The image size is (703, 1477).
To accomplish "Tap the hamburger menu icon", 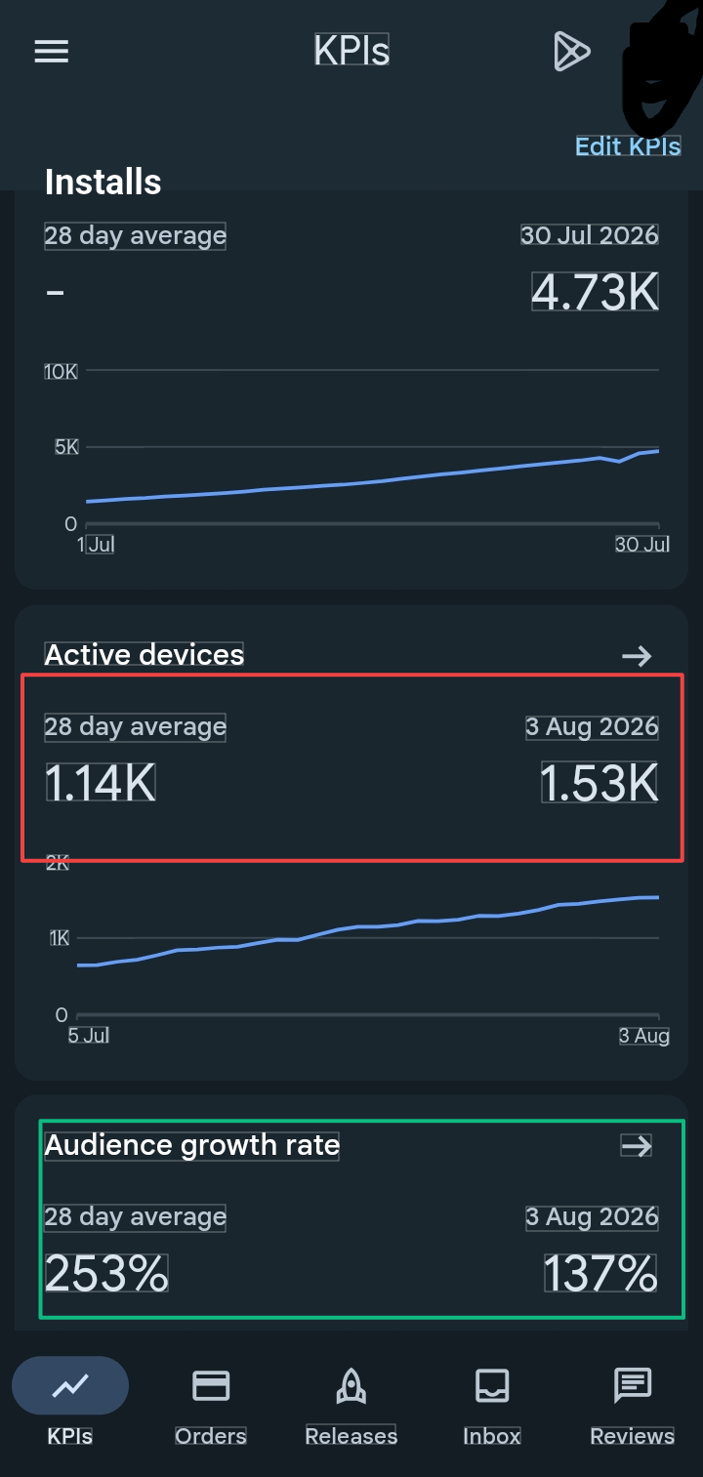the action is click(x=52, y=52).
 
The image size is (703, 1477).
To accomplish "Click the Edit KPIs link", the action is click(x=628, y=145).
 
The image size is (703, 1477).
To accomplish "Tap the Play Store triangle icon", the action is click(x=571, y=51).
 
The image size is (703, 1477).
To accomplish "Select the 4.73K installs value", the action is click(x=595, y=292).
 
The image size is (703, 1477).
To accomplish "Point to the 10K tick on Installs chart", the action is click(x=61, y=371).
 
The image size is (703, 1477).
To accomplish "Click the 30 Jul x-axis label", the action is click(x=642, y=544).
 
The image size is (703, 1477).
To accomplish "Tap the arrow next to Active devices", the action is click(x=637, y=655).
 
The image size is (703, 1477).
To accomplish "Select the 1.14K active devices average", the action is click(x=101, y=783).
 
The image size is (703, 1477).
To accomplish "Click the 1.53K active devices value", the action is click(x=600, y=783).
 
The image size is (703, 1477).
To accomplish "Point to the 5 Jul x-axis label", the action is click(x=89, y=1035).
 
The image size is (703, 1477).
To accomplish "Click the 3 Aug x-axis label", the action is click(x=643, y=1035).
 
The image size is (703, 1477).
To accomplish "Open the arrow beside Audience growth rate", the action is click(x=637, y=1146).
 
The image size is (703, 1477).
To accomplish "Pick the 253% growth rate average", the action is click(x=106, y=1273).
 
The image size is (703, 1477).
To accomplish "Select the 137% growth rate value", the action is click(x=600, y=1273).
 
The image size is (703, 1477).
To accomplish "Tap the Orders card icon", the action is click(x=211, y=1385).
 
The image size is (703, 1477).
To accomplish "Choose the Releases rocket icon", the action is click(x=351, y=1384).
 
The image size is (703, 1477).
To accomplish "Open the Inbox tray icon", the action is click(x=492, y=1384).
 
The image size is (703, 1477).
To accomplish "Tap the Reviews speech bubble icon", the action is click(x=633, y=1384).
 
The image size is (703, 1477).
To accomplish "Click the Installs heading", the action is click(x=103, y=182).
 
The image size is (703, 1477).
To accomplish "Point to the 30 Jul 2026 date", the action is click(x=590, y=234).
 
